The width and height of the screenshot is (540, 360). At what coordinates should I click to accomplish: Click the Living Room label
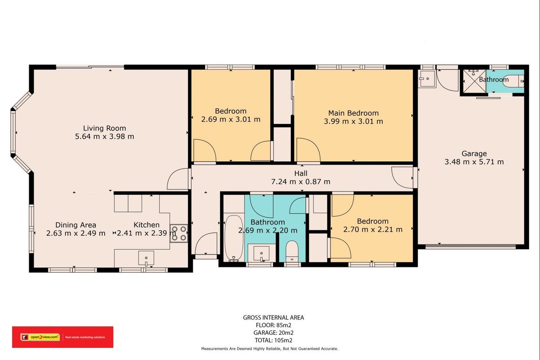[104, 128]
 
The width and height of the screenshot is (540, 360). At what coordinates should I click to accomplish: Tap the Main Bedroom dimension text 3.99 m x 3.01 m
[353, 121]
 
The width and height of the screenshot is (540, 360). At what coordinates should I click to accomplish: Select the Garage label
[474, 153]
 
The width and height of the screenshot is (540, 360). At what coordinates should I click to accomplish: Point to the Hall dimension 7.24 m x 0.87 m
[301, 181]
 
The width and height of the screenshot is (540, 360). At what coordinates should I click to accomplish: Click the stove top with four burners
[179, 233]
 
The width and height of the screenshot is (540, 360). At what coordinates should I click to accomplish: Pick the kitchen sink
[146, 258]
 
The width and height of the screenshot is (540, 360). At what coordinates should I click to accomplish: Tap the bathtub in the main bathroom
[234, 238]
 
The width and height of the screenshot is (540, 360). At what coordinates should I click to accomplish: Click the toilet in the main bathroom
[292, 251]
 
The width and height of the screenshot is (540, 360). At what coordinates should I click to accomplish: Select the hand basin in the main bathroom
[261, 254]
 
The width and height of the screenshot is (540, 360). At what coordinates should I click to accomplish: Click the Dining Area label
[76, 225]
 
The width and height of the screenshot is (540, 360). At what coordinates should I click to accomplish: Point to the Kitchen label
[146, 225]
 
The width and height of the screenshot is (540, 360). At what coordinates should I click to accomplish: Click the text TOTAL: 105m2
[273, 340]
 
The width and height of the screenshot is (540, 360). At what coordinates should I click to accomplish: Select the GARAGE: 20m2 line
[273, 333]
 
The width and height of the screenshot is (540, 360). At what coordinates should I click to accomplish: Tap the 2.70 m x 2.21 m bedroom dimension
[373, 229]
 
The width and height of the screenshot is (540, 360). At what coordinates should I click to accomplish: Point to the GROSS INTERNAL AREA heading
[273, 318]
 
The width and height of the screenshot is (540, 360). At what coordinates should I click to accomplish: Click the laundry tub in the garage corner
[427, 79]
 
